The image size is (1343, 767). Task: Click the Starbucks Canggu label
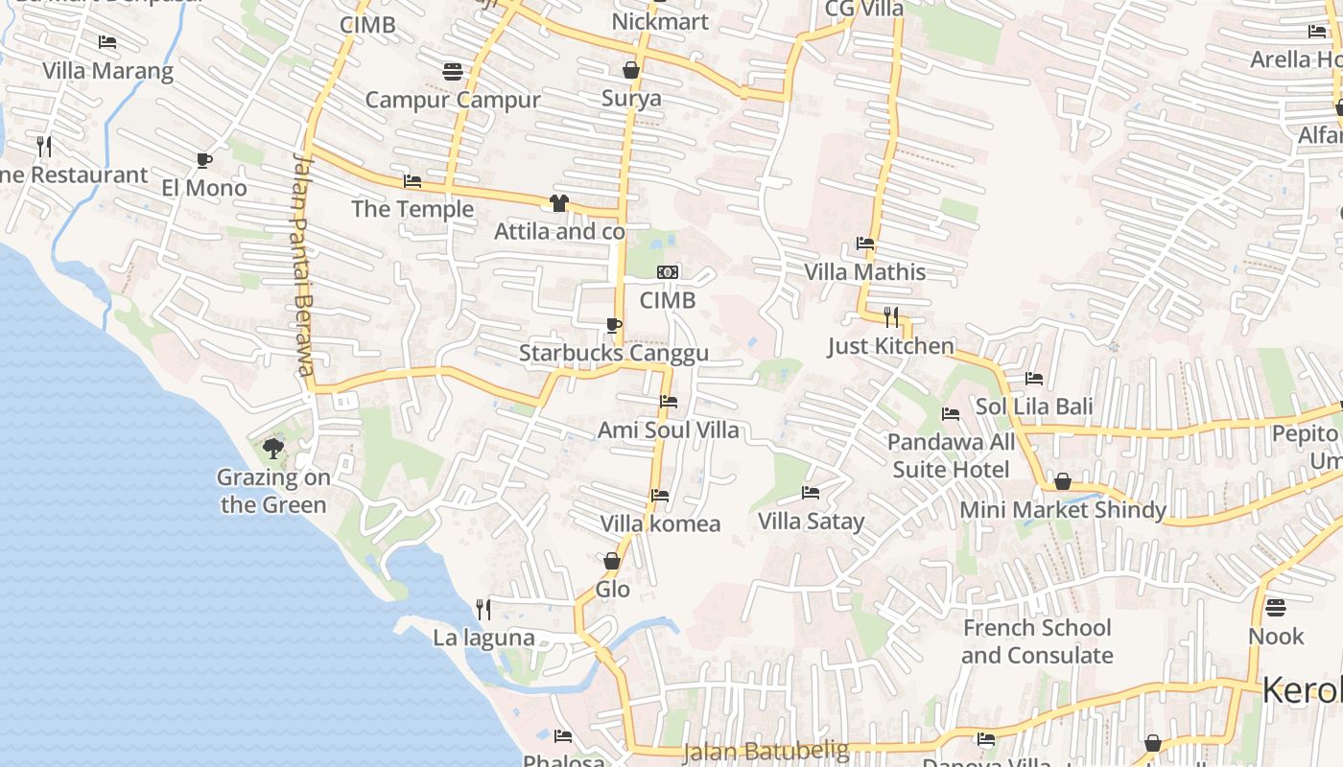[614, 353]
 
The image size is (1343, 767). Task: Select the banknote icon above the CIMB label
[668, 273]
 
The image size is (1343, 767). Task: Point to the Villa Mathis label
[865, 272]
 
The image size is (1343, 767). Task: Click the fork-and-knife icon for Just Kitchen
[891, 317]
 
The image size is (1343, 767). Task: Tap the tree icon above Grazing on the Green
[273, 448]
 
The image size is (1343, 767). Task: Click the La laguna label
[483, 638]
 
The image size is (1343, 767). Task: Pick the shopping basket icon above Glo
[612, 561]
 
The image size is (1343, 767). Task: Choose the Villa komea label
[660, 523]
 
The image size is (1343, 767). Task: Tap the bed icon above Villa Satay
[811, 494]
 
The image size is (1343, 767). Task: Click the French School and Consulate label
[1037, 641]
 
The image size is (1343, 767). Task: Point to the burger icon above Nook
[1275, 608]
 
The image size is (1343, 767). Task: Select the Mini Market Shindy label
[1063, 510]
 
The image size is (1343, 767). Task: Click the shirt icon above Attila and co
[559, 202]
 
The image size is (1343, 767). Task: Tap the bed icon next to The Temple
[412, 180]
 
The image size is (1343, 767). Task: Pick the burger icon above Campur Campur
[453, 71]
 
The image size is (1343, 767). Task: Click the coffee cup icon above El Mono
[203, 160]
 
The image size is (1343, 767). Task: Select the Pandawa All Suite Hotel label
[951, 455]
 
